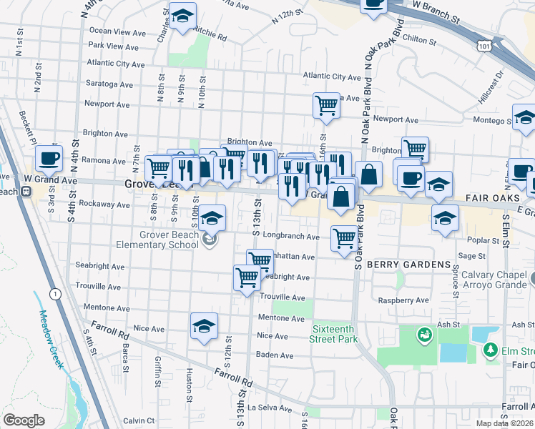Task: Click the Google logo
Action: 24,420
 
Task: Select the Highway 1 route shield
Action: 54,293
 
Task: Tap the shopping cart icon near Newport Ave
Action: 326,105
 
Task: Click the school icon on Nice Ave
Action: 204,326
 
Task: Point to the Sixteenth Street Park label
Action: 333,334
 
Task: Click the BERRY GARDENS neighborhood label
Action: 408,265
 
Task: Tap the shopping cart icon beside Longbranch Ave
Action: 344,237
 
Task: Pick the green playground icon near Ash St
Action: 424,334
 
